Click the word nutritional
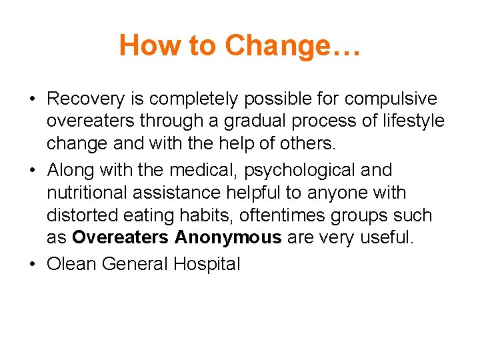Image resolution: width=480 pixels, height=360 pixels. pyautogui.click(x=85, y=193)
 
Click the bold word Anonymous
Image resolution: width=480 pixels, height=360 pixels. pyautogui.click(x=228, y=239)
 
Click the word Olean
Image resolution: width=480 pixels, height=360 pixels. pyautogui.click(x=68, y=264)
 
